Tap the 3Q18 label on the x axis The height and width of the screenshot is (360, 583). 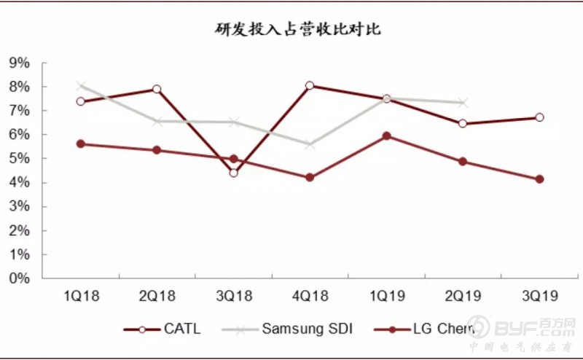[233, 295]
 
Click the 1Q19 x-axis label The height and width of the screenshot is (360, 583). [386, 295]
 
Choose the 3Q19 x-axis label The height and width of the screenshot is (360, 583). [539, 295]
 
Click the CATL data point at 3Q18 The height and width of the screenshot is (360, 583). [233, 173]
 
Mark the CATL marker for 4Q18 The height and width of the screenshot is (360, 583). [310, 85]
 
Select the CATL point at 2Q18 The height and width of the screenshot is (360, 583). [157, 89]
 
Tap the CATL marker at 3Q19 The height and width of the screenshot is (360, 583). [539, 117]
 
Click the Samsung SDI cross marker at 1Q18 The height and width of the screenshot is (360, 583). [81, 86]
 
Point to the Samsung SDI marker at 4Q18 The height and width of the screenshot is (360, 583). [310, 144]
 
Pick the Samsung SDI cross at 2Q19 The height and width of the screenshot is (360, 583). [463, 103]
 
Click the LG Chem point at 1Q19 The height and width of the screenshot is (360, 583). [386, 136]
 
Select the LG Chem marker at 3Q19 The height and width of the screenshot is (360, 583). [539, 179]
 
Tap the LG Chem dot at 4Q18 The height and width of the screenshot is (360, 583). [310, 177]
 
